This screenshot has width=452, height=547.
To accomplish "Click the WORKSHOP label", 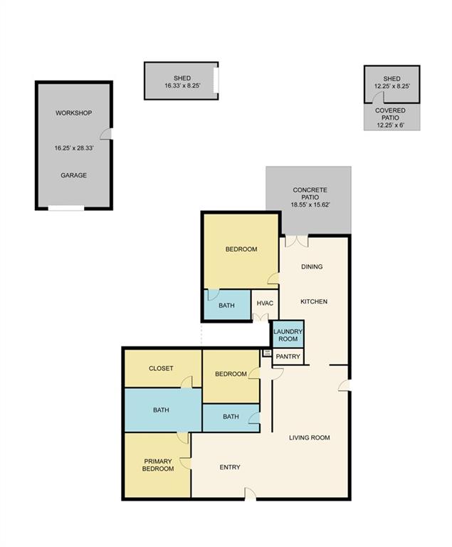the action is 73,113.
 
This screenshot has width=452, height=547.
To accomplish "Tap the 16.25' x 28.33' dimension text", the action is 74,148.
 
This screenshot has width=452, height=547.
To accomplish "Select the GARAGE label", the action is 73,175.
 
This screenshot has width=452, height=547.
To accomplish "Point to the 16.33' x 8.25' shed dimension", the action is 182,85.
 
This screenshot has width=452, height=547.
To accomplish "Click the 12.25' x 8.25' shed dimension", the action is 392,86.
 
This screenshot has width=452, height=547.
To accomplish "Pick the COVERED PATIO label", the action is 390,114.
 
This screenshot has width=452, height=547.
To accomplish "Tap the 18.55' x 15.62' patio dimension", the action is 310,205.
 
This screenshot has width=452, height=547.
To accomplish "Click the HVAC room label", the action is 265,303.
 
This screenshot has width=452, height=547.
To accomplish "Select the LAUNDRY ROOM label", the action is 288,335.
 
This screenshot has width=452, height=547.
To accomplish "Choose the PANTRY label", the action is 288,357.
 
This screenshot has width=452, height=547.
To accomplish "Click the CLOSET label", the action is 161,368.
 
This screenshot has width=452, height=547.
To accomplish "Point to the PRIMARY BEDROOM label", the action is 158,465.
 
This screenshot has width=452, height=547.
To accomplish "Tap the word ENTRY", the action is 230,467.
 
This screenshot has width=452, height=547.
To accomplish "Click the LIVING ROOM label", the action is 310,437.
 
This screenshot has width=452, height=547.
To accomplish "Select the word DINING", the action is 312,266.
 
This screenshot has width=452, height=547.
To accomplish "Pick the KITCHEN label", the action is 314,301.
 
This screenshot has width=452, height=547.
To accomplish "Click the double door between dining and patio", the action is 297,241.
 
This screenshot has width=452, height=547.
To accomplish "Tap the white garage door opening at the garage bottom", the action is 66,208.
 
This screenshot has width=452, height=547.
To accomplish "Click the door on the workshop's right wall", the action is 106,134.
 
